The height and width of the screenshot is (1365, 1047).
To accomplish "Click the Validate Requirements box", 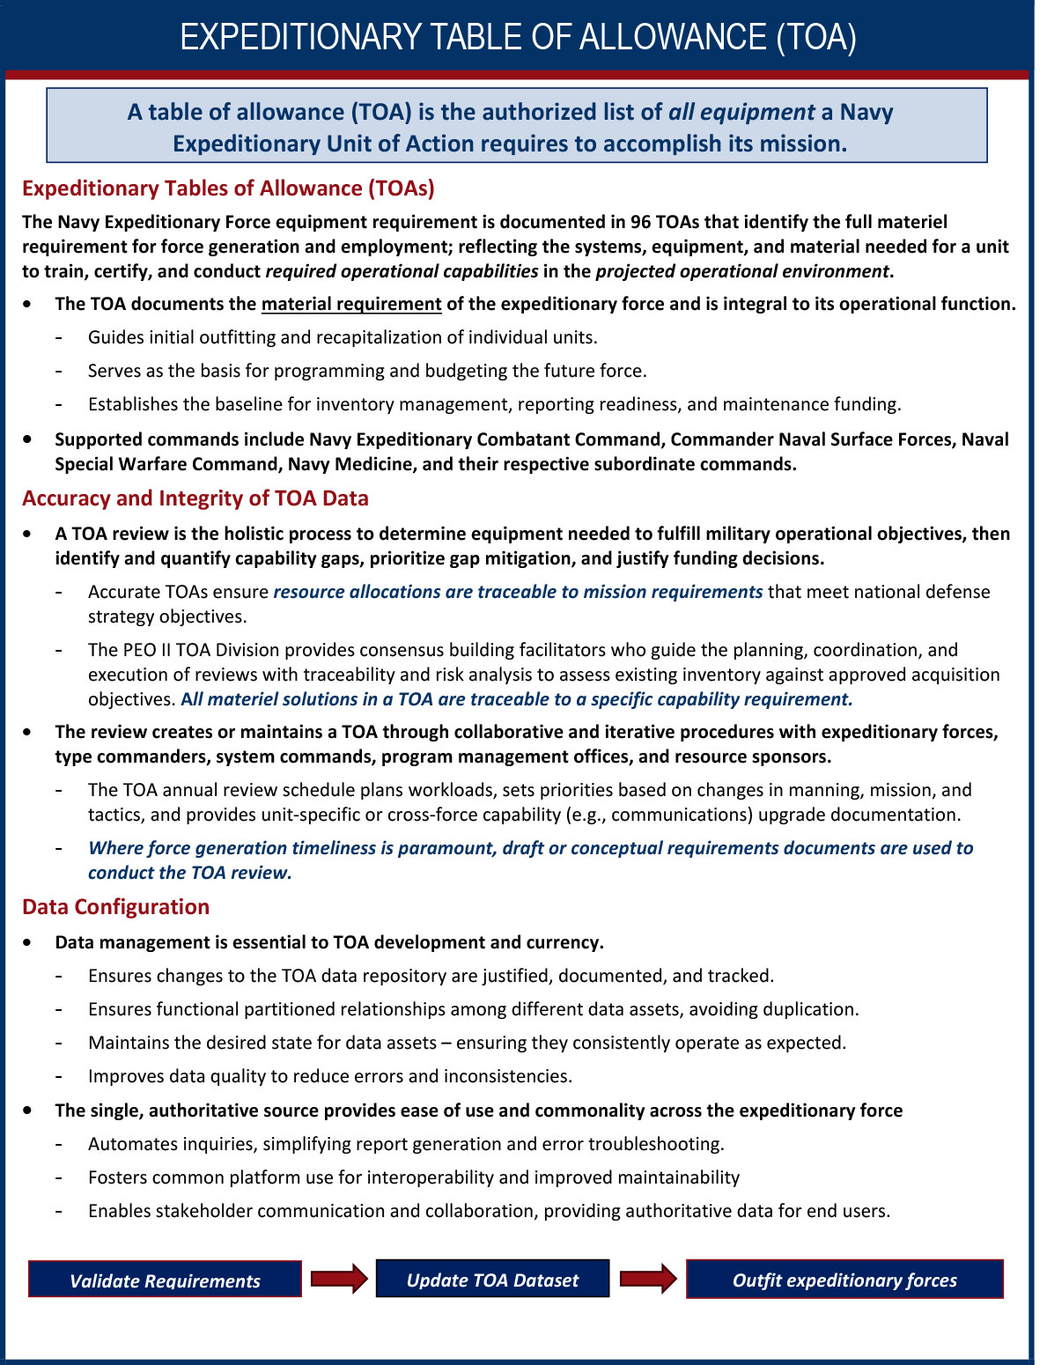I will [165, 1280].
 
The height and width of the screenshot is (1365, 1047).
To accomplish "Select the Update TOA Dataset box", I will [492, 1279].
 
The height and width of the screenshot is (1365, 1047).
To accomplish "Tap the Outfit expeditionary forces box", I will [844, 1279].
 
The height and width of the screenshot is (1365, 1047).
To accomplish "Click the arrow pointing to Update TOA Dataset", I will [339, 1278].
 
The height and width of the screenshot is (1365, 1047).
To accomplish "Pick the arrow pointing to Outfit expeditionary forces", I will [648, 1278].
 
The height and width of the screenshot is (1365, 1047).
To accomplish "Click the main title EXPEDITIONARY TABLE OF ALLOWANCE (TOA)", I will [518, 37].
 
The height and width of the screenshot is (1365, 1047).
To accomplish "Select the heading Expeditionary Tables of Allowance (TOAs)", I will [228, 188].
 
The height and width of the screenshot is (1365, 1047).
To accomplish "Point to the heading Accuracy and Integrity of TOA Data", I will [195, 498].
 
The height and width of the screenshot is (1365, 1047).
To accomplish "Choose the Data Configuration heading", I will [115, 907].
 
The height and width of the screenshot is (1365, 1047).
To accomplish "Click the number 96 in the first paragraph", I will [640, 222].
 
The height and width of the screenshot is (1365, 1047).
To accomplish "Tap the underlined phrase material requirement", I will [351, 304].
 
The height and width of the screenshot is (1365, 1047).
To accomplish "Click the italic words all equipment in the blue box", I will [741, 112].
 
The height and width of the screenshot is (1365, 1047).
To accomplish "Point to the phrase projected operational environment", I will [741, 271].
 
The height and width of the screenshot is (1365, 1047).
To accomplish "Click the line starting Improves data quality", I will [330, 1076].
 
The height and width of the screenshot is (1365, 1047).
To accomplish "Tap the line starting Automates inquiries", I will [406, 1144].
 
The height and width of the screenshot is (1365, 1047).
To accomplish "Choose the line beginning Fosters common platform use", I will [414, 1177].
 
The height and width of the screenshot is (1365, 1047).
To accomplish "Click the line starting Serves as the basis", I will [367, 371].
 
